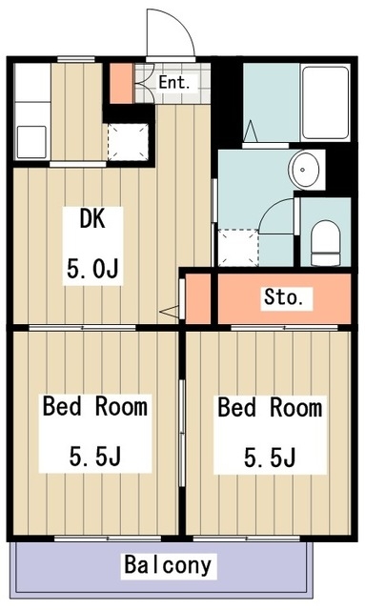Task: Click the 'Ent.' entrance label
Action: pyautogui.click(x=174, y=82)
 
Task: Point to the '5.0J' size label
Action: pyautogui.click(x=92, y=270)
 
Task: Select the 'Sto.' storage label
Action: pyautogui.click(x=284, y=297)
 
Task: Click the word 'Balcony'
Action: pyautogui.click(x=168, y=565)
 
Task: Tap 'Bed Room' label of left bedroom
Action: pyautogui.click(x=94, y=408)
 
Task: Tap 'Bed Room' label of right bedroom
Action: pyautogui.click(x=270, y=409)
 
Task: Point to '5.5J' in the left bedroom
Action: pyautogui.click(x=94, y=457)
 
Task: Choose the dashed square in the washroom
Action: pyautogui.click(x=238, y=249)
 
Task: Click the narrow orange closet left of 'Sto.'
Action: pyautogui.click(x=197, y=298)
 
